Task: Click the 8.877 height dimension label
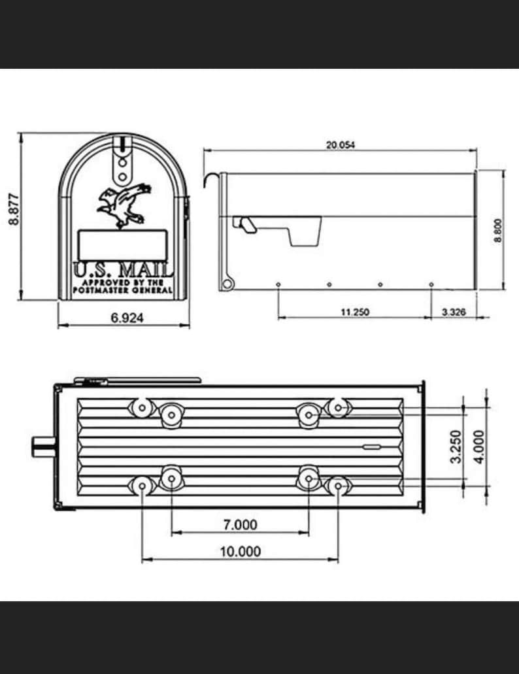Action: coord(14,209)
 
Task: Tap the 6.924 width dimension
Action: coord(127,318)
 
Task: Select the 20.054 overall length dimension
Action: coord(341,145)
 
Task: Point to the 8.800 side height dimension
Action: coord(498,230)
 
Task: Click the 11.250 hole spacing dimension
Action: coord(355,312)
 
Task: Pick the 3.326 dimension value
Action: coord(454,312)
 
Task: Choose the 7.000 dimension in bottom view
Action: coord(240,524)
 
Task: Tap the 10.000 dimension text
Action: coord(240,551)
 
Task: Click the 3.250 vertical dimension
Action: coord(456,447)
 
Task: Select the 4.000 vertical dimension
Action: coord(478,447)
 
